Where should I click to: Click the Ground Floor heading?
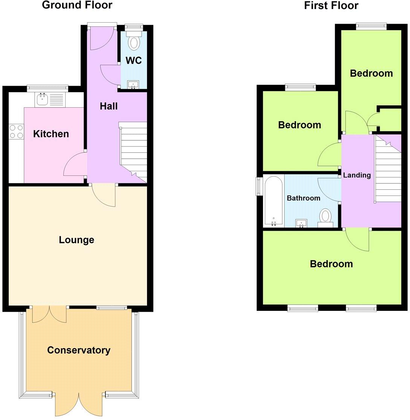point(77,5)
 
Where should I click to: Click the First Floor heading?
point(331,6)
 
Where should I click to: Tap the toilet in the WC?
point(134,42)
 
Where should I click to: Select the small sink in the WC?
point(133,85)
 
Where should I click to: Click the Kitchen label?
point(51,134)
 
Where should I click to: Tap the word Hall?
point(109,107)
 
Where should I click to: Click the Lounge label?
point(76,240)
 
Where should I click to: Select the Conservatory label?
point(79,350)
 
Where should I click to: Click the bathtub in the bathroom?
point(273,201)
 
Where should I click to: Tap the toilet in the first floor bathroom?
point(325,218)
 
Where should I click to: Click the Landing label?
point(357,175)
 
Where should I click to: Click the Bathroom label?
point(303,198)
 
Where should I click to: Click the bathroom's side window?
point(259,186)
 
